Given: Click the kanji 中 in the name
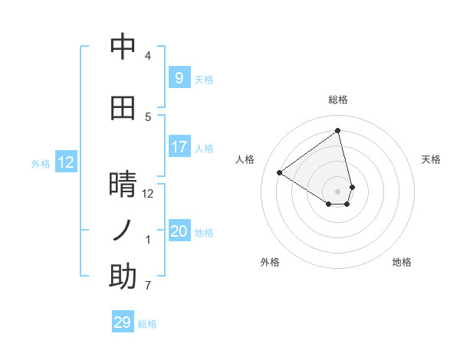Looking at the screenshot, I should (123, 47).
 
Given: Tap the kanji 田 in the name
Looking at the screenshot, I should (123, 108).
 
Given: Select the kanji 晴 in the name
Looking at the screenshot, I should (123, 185).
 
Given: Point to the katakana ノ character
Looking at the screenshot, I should (123, 231).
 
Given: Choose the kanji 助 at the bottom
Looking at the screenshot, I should (123, 277).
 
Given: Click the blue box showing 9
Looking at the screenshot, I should (179, 78).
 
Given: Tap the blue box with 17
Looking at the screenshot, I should (179, 147).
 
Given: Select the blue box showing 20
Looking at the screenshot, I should (179, 231).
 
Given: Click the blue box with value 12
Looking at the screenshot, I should (65, 162).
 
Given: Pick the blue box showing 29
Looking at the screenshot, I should (123, 322).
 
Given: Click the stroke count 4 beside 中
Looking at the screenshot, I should (148, 56).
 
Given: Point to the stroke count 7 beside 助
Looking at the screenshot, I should (148, 286).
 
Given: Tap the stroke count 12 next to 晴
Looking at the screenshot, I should (148, 193).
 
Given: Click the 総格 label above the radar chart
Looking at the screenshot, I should (338, 100).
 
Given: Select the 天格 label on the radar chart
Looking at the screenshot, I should (431, 159).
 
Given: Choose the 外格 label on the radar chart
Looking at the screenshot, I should (270, 262).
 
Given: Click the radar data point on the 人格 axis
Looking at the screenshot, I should (280, 172).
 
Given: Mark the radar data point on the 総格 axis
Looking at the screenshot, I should (338, 130).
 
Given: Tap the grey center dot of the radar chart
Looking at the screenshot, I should (338, 191).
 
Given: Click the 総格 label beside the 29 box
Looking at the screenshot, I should (147, 324).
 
